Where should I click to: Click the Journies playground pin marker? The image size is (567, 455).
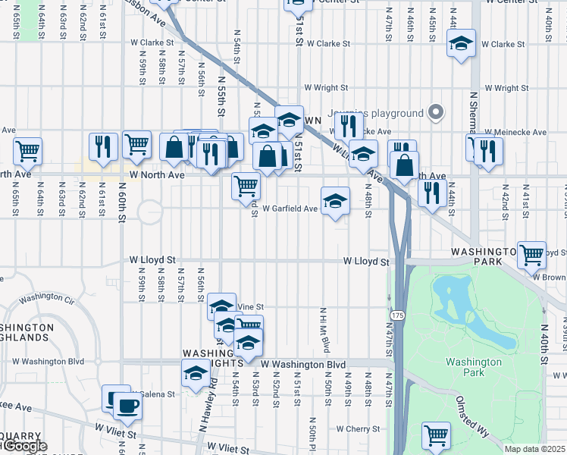(435, 113)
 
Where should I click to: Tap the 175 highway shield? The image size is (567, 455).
(396, 313)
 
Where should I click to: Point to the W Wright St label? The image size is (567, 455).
(325, 88)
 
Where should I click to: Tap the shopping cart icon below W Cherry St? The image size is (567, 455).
(435, 435)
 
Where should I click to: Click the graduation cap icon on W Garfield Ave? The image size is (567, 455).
(335, 201)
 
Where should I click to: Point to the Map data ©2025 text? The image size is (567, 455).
(534, 449)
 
